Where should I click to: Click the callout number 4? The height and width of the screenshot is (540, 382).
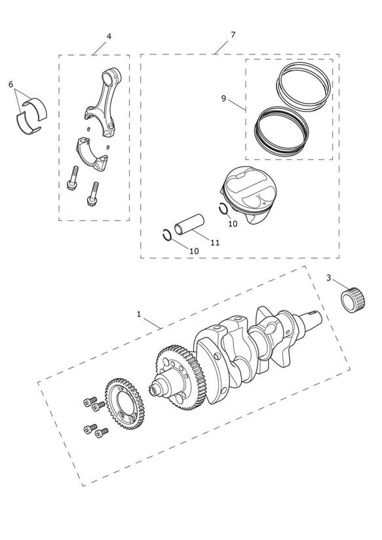coord(109,36)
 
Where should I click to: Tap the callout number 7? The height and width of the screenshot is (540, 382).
coord(233,35)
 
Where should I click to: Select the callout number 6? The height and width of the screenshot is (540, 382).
coord(10,85)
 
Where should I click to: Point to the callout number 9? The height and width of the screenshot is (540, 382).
coord(223,98)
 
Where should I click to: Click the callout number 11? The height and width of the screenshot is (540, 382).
coord(215,242)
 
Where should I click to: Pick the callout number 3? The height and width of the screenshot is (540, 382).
coord(328,278)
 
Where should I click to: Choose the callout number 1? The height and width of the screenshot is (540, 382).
coord(139,314)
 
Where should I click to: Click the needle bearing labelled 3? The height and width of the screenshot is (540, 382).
coord(353,299)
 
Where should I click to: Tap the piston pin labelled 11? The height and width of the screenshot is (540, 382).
coord(189,225)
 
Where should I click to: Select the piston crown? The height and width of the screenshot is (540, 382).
coord(250,187)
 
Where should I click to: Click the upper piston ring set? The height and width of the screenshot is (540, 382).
coord(304,87)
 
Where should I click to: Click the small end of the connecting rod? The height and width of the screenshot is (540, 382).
coord(112,77)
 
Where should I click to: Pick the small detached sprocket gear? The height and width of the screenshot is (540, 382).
coord(124,404)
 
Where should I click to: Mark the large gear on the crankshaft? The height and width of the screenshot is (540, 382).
coord(181,377)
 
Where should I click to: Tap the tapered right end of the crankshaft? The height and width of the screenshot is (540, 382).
coord(310,321)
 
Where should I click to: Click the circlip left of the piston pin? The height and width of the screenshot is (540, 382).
coord(167,235)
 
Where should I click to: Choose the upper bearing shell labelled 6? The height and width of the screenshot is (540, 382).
coord(35,107)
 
